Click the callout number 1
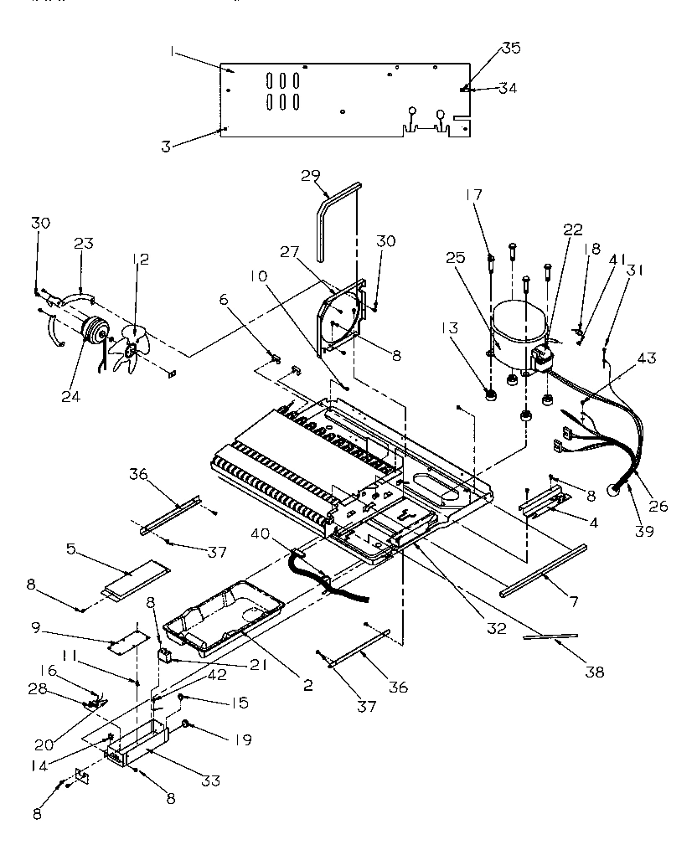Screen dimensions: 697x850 (x=172, y=51)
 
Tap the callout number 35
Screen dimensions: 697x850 (x=510, y=48)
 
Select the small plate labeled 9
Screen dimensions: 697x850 (x=126, y=643)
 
